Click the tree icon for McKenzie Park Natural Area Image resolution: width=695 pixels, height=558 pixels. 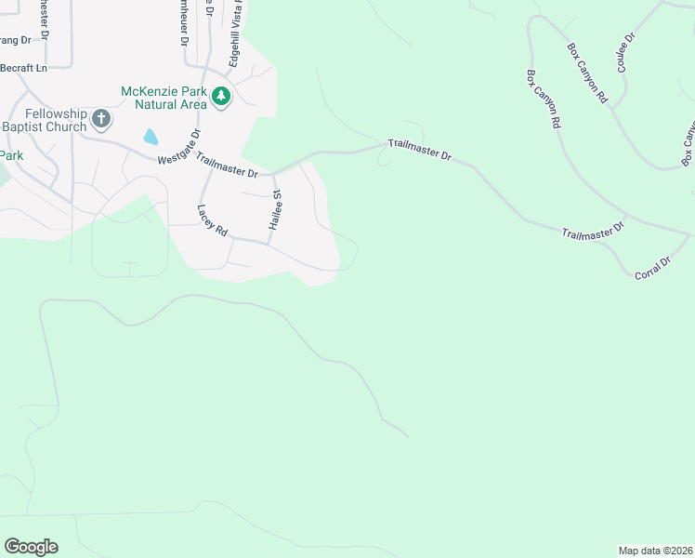click(221, 97)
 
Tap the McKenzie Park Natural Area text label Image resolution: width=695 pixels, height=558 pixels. click(164, 97)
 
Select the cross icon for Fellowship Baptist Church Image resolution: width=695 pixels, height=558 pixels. click(102, 119)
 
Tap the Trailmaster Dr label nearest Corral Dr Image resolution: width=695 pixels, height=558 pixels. click(595, 230)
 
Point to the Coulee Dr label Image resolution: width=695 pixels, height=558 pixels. click(624, 52)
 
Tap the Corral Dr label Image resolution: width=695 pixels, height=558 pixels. click(653, 269)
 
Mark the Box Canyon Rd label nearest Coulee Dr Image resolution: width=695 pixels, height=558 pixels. click(587, 73)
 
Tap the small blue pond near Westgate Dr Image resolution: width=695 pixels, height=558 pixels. click(150, 138)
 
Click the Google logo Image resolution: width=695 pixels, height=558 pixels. click(31, 547)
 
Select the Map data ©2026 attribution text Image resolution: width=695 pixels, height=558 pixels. click(655, 550)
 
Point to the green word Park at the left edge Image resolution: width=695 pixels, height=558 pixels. click(11, 154)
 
